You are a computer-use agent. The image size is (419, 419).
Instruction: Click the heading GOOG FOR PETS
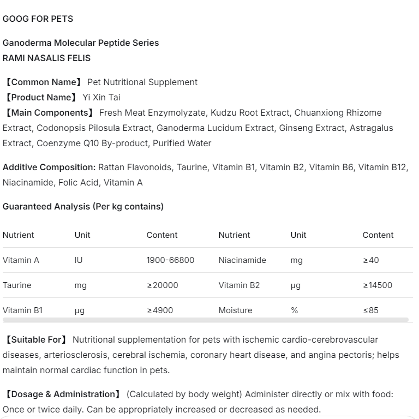[38, 19]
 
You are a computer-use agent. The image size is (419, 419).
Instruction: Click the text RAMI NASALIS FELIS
[46, 58]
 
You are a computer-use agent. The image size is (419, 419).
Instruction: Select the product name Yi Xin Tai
[101, 97]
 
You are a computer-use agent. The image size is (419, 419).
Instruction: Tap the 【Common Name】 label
[43, 82]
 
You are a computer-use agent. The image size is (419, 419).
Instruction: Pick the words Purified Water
[182, 143]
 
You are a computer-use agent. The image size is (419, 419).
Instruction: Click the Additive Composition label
[49, 167]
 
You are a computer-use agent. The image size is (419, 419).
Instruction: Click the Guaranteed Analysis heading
[83, 206]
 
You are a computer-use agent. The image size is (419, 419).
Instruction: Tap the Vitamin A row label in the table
[21, 260]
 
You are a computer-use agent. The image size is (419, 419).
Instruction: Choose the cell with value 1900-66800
[170, 260]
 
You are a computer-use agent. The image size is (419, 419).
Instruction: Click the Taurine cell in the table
[17, 285]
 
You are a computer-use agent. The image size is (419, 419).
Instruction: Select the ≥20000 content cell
[162, 285]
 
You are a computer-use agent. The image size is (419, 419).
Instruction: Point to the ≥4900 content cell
[160, 310]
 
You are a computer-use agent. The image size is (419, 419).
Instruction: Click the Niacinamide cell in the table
[242, 260]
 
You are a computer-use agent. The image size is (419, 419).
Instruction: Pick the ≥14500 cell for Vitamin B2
[378, 285]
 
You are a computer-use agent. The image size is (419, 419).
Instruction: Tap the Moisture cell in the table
[235, 310]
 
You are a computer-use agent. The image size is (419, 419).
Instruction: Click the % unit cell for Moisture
[294, 310]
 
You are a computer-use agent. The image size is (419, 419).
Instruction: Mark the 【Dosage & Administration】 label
[62, 394]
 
